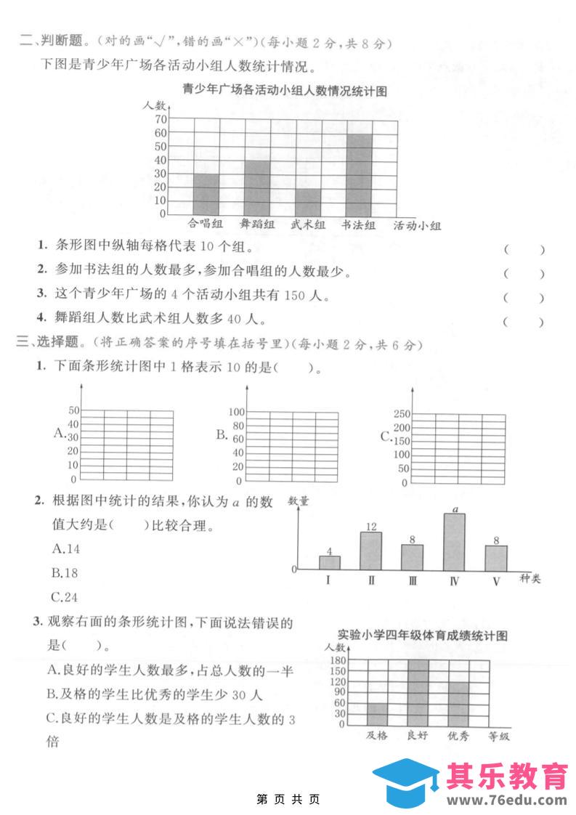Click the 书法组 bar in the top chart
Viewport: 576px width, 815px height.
pyautogui.click(x=359, y=174)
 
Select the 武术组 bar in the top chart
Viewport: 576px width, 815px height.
pyautogui.click(x=308, y=201)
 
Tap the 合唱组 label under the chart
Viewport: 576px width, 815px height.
pyautogui.click(x=205, y=224)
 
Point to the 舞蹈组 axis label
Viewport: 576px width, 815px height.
pyautogui.click(x=257, y=224)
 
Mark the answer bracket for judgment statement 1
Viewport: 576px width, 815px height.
pyautogui.click(x=523, y=250)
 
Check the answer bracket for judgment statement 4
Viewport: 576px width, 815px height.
pyautogui.click(x=523, y=321)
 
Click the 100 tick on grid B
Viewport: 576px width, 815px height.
pyautogui.click(x=237, y=412)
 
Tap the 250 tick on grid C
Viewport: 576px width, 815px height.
pyautogui.click(x=402, y=413)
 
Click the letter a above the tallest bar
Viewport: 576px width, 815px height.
pyautogui.click(x=455, y=509)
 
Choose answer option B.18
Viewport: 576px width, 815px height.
pyautogui.click(x=65, y=572)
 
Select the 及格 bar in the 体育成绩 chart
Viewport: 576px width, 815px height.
pyautogui.click(x=377, y=713)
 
